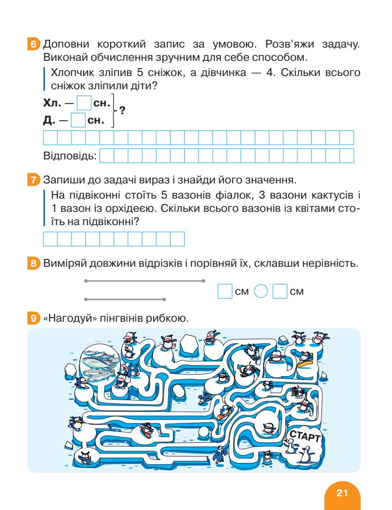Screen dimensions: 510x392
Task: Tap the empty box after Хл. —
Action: (x=84, y=104)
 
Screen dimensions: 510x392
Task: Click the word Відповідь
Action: (x=70, y=156)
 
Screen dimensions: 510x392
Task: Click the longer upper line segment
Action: (x=145, y=281)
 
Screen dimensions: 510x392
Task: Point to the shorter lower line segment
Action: (x=124, y=299)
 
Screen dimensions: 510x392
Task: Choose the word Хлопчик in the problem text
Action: (x=71, y=74)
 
